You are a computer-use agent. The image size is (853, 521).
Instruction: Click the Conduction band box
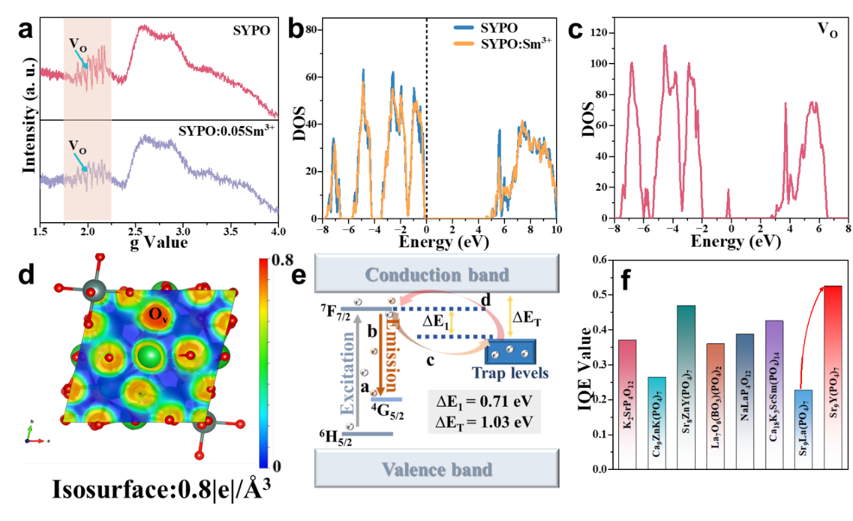(x=437, y=274)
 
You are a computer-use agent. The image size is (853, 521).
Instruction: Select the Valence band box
(x=437, y=469)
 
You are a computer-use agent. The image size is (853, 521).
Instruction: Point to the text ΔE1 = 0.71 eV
(x=485, y=401)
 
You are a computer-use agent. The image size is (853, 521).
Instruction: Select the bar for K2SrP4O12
(x=627, y=404)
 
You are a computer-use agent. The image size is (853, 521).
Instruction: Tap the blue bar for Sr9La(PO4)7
(x=803, y=429)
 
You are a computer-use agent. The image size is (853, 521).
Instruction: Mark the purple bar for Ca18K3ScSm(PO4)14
(x=773, y=394)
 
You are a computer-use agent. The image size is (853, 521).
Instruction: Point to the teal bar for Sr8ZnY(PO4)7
(x=686, y=387)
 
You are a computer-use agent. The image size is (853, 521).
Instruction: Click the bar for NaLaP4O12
(x=744, y=401)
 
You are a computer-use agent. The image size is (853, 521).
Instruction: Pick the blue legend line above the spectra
(x=464, y=29)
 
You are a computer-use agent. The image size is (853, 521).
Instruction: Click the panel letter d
(x=27, y=275)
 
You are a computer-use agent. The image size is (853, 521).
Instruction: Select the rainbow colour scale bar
(x=264, y=363)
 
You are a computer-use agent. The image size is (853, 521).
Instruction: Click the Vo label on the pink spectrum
(x=78, y=46)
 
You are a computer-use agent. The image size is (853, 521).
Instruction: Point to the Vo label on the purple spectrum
(x=78, y=145)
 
